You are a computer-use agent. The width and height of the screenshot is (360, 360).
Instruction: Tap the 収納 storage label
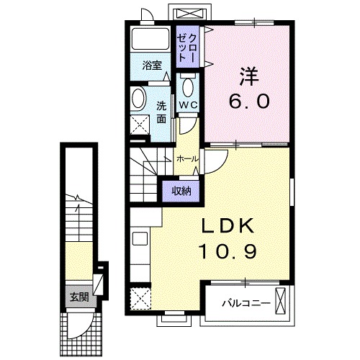point(181,190)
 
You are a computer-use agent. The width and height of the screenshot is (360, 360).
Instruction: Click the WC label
point(189,106)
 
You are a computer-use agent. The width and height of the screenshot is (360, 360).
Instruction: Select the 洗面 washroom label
point(161,112)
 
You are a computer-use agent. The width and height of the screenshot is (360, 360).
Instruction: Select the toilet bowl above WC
point(189,86)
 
